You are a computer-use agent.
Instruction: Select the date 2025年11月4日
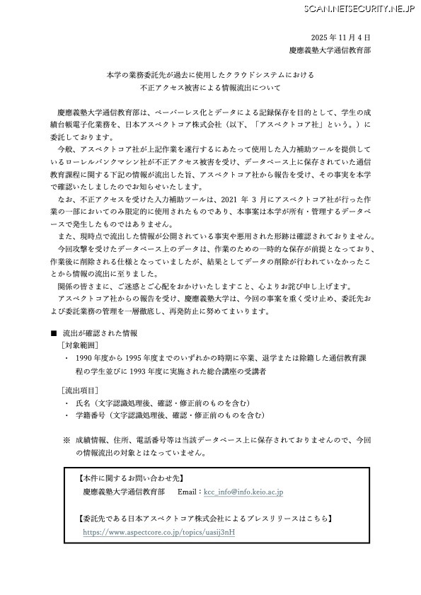coord(340,37)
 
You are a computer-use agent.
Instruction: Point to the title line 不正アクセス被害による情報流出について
coord(210,88)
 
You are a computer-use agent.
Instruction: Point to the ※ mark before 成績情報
coord(66,439)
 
